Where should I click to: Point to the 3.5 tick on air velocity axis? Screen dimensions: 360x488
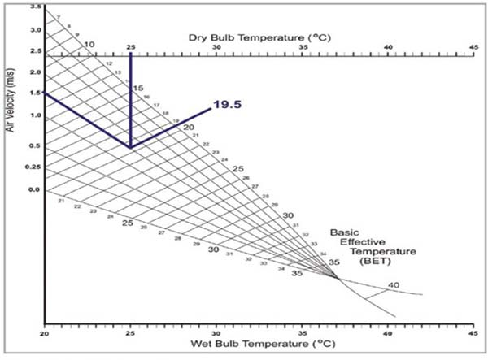35,7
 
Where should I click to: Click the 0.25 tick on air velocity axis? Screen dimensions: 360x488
33,167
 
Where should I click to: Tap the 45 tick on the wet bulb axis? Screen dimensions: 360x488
473,334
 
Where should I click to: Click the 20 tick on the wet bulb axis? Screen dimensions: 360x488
45,334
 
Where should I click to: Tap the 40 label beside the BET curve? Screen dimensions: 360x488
394,285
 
